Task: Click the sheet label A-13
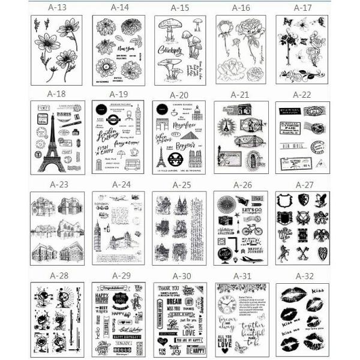[58, 8]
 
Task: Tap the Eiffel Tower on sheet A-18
[53, 147]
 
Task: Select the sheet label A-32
[302, 276]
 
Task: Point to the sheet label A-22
[302, 94]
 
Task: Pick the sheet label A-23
[58, 184]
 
